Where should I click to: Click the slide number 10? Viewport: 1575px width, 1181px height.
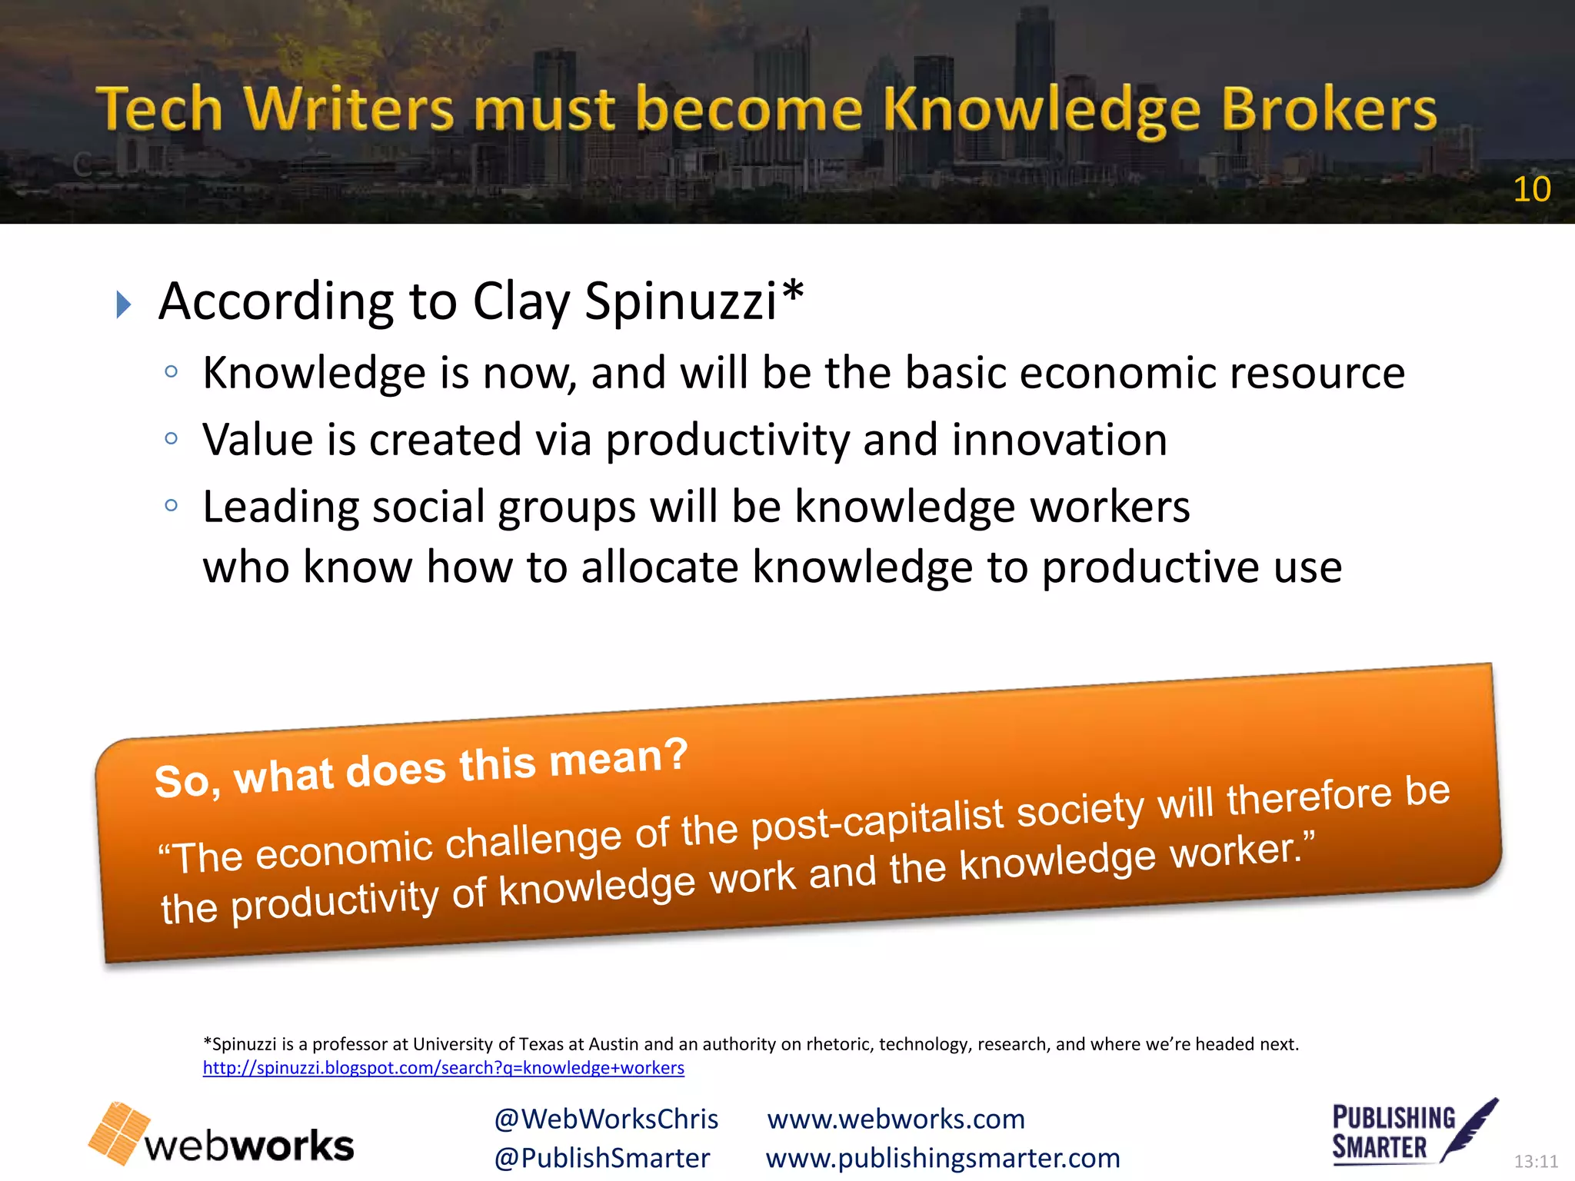coord(1531,189)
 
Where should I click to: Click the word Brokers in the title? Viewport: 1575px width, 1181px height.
coord(1328,109)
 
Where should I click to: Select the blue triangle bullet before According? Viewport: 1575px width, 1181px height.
coord(123,304)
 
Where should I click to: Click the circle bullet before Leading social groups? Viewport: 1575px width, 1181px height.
coord(171,506)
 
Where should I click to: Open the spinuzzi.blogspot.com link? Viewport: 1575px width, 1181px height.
coord(443,1068)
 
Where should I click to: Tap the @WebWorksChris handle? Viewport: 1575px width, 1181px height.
coord(606,1119)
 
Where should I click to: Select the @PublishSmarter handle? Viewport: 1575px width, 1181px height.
coord(602,1158)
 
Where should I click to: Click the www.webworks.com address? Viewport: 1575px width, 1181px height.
coord(896,1119)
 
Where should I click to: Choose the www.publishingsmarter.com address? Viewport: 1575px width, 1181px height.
coord(943,1158)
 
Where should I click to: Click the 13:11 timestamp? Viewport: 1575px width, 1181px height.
coord(1536,1161)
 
